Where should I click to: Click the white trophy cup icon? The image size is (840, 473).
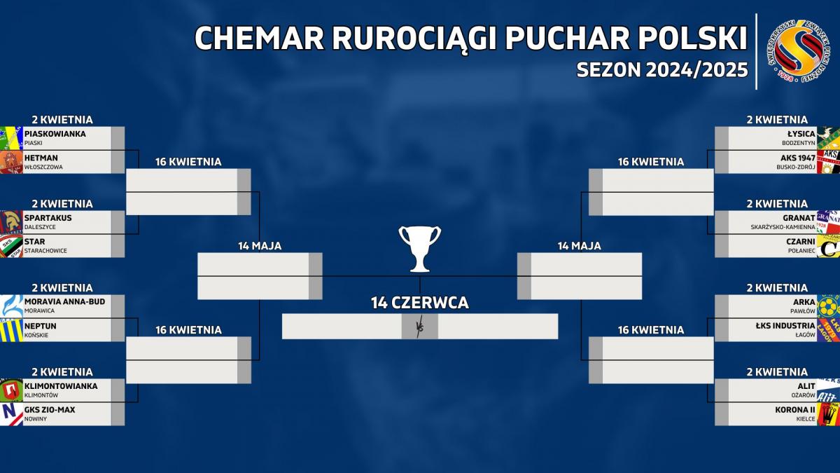[419, 249]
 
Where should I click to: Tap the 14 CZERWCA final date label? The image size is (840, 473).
[419, 303]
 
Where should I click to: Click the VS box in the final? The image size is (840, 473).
[419, 327]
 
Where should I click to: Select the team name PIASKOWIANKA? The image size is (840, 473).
[55, 134]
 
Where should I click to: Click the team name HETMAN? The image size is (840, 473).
[41, 158]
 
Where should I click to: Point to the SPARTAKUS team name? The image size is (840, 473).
[48, 218]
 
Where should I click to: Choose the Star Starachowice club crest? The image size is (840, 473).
[11, 246]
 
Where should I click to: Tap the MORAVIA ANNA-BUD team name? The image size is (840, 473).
[64, 301]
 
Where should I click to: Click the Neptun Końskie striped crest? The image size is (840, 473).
[11, 330]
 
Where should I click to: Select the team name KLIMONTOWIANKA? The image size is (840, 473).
[61, 386]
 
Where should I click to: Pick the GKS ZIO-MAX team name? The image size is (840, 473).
[50, 409]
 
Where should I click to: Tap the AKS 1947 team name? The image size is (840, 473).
[798, 158]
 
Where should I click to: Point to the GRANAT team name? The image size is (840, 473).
[799, 218]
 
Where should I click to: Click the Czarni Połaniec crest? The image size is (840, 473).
[828, 246]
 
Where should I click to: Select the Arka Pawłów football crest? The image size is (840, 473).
[828, 306]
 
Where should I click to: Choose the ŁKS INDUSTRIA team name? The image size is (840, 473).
[785, 325]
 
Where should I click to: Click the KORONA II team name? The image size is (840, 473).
[795, 409]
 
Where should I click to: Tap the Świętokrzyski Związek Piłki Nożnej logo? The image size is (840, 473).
[799, 51]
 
